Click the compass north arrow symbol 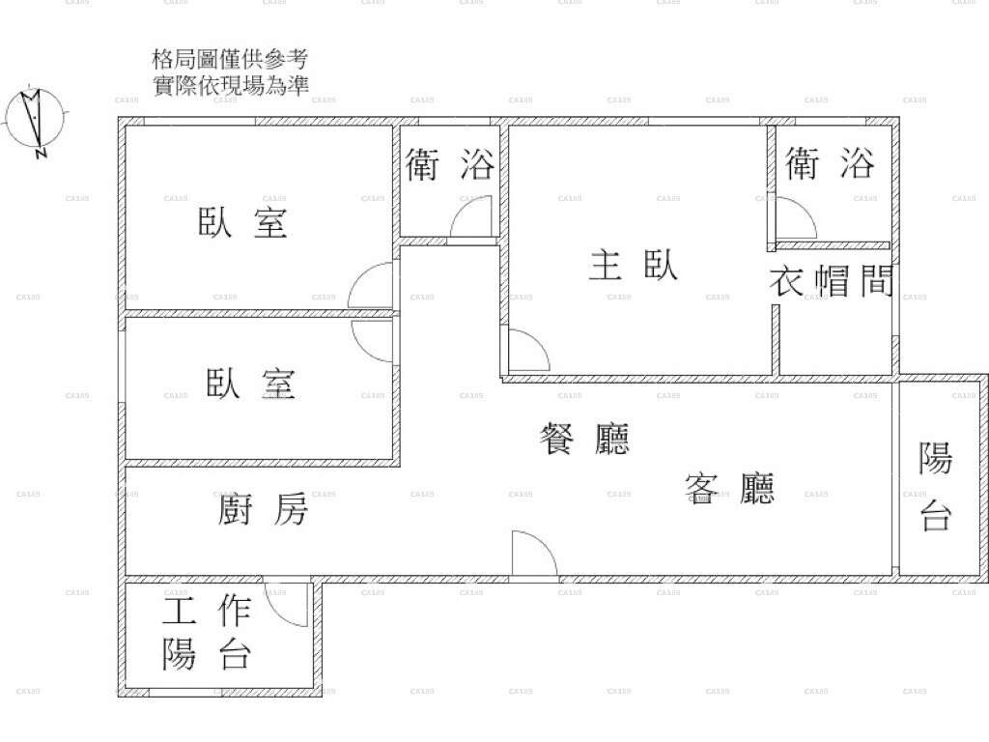point(35,120)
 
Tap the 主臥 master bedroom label point(634,265)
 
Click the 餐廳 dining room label point(584,439)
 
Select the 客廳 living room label point(729,488)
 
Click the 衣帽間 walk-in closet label point(832,281)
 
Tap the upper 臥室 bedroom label point(242,222)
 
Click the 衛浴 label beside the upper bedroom point(450,164)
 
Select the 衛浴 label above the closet point(830,162)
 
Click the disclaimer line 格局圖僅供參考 point(230,59)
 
